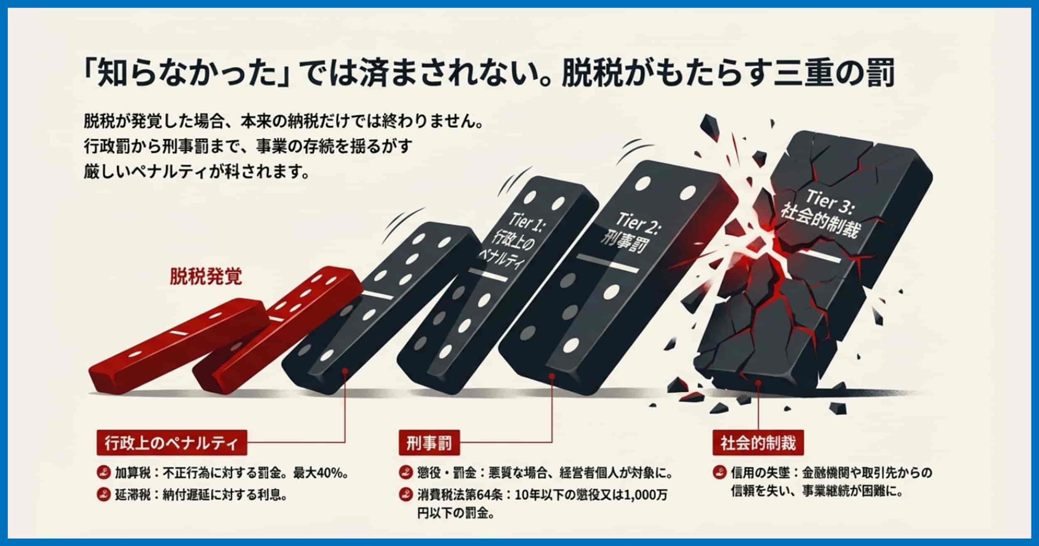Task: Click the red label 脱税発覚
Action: coord(206,277)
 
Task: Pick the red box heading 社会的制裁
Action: coord(758,443)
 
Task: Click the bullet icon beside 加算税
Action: coord(102,473)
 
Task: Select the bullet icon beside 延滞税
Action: coord(102,495)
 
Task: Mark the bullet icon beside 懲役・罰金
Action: coord(404,473)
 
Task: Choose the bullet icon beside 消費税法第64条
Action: coord(404,495)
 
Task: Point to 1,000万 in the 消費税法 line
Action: coord(645,495)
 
